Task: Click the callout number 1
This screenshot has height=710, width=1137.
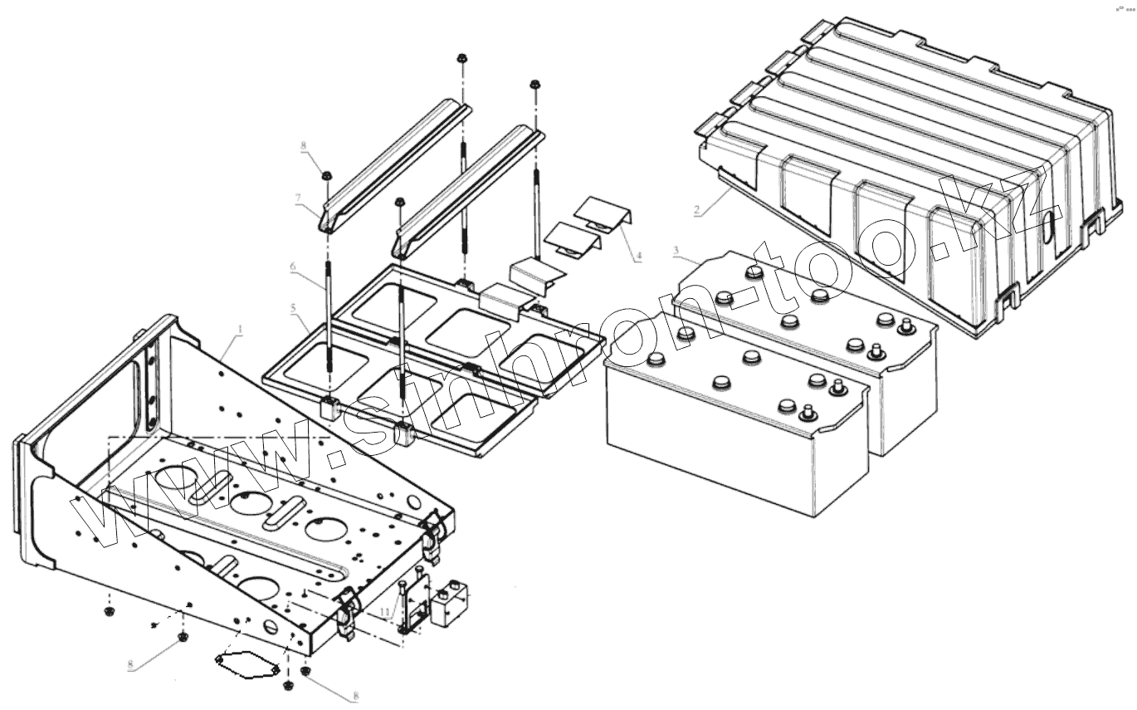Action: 240,330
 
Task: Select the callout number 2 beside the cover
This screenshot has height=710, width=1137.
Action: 697,211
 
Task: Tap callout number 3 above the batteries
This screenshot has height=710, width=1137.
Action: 676,250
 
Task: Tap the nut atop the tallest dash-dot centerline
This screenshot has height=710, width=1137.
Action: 461,60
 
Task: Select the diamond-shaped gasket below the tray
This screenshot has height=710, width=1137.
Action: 245,663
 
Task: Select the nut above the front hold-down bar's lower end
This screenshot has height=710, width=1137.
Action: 400,202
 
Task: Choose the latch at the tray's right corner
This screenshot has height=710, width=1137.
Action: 431,533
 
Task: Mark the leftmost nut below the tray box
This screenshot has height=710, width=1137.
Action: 109,613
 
